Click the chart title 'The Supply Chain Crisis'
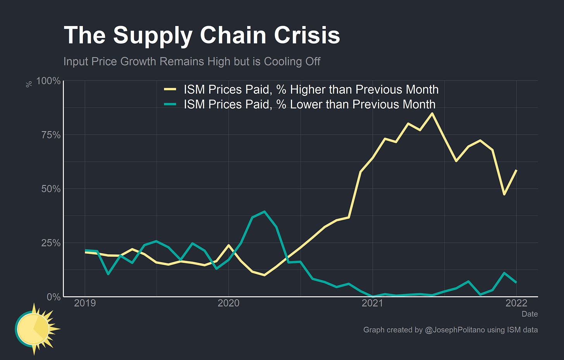click(x=201, y=35)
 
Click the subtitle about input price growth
click(x=192, y=62)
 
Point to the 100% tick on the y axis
click(x=48, y=81)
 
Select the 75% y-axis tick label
click(x=51, y=135)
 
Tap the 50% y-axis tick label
click(x=51, y=189)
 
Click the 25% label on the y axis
click(x=51, y=243)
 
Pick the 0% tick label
click(x=53, y=297)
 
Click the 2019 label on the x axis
click(x=85, y=303)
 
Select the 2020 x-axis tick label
click(x=229, y=303)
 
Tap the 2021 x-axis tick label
click(x=372, y=303)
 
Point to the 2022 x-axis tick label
click(x=516, y=303)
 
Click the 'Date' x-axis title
click(x=530, y=314)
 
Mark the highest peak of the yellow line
click(x=432, y=113)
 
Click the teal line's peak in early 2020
click(x=264, y=212)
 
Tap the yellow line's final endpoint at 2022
click(x=516, y=170)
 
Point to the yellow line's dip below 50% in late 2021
click(x=504, y=194)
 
